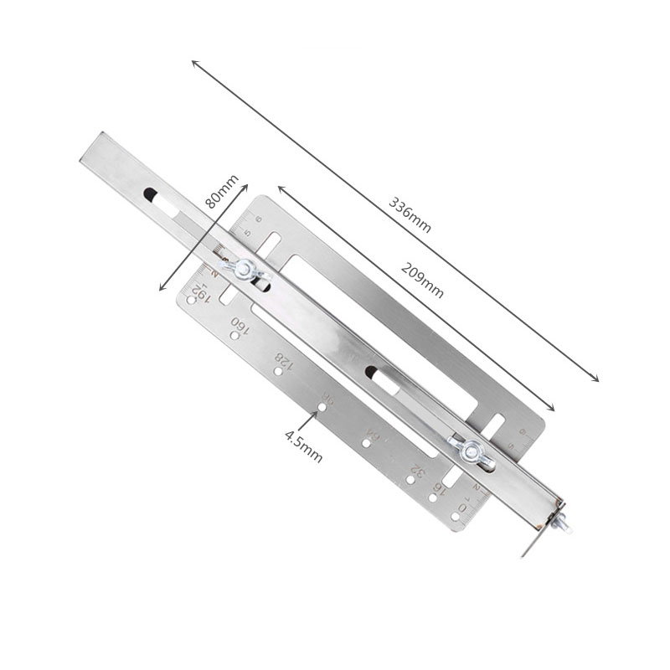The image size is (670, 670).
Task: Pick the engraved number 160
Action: pos(240,324)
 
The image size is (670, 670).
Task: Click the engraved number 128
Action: pos(284,361)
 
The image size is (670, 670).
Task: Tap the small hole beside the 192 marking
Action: pos(191,300)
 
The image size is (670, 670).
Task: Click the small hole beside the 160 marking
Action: pos(234,336)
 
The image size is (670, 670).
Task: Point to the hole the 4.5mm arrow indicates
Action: pos(322,410)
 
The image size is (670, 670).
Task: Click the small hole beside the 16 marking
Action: pos(433,497)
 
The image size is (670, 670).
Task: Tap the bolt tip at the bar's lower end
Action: pos(564,528)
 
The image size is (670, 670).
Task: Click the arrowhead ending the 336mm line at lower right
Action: pos(596,379)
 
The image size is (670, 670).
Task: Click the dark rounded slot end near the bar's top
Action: pos(150,194)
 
